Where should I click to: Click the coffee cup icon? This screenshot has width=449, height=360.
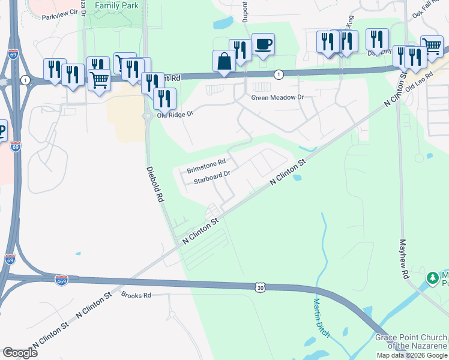263,44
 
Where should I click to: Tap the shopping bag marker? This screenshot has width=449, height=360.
224,61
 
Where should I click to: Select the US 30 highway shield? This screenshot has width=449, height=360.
259,288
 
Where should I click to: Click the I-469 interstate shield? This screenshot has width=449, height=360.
61,280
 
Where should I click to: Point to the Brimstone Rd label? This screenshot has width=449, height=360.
206,166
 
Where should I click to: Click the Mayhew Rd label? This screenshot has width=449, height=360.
404,259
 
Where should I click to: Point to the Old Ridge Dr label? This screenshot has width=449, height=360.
175,114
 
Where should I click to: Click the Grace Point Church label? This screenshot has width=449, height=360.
411,341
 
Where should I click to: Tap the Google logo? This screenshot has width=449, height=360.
20,352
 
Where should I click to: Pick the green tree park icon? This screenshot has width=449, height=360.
432,278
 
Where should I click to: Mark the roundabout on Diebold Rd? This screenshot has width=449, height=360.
147,116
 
